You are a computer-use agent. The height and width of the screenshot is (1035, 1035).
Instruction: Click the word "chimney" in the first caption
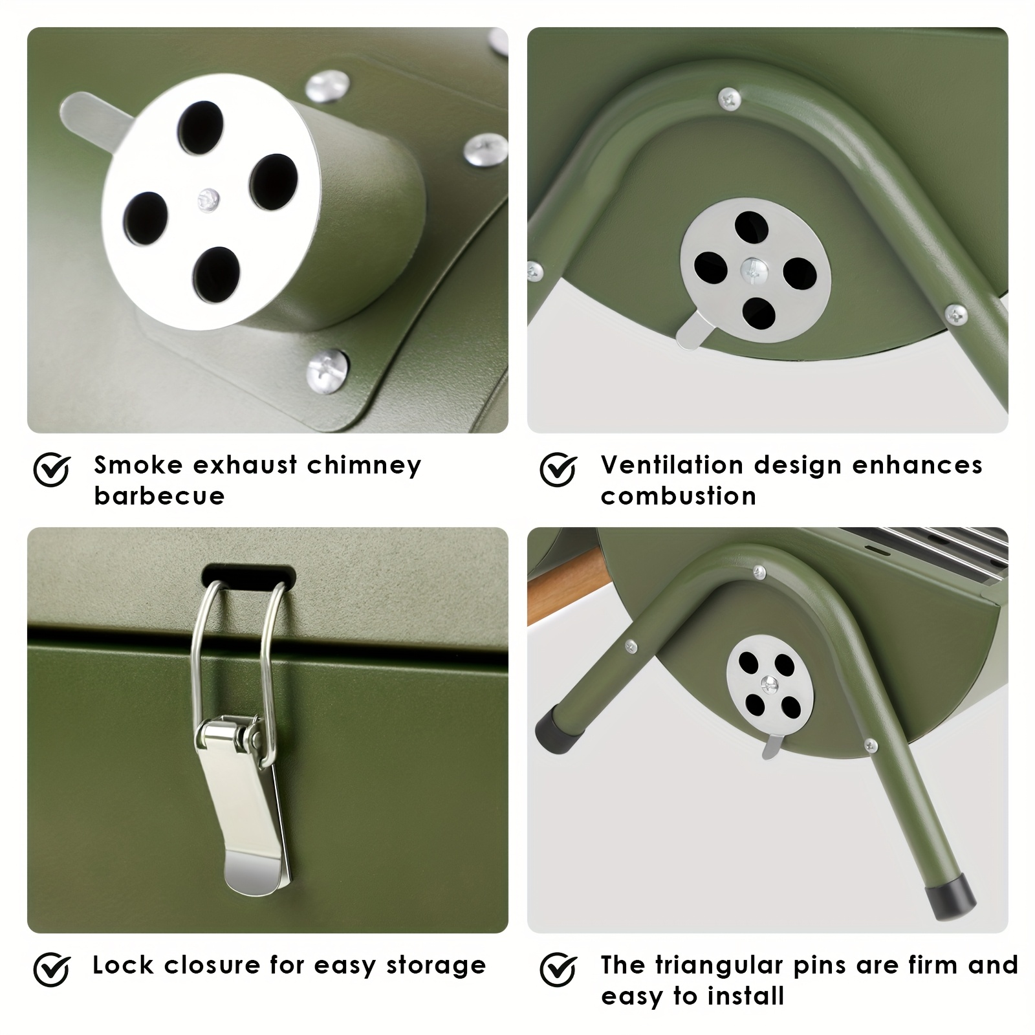364,466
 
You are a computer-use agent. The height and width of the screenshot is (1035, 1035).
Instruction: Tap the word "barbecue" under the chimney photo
159,496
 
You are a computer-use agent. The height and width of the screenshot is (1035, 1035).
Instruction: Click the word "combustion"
679,496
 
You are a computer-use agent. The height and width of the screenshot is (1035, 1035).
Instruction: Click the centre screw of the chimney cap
208,199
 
